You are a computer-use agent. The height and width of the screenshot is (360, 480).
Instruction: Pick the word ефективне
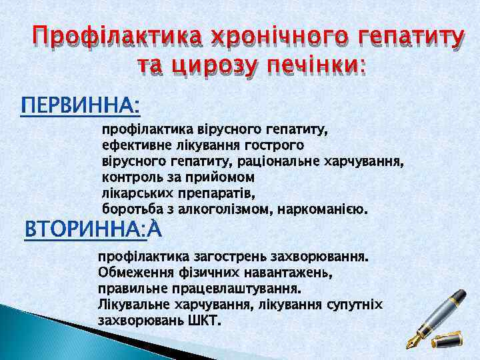[x=135, y=144]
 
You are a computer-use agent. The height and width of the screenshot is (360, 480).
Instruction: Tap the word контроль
[x=131, y=178]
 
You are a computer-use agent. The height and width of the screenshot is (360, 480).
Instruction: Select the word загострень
[x=224, y=257]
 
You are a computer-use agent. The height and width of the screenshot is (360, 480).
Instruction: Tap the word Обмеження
[x=129, y=273]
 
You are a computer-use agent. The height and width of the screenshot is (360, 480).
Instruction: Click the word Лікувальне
[x=133, y=305]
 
